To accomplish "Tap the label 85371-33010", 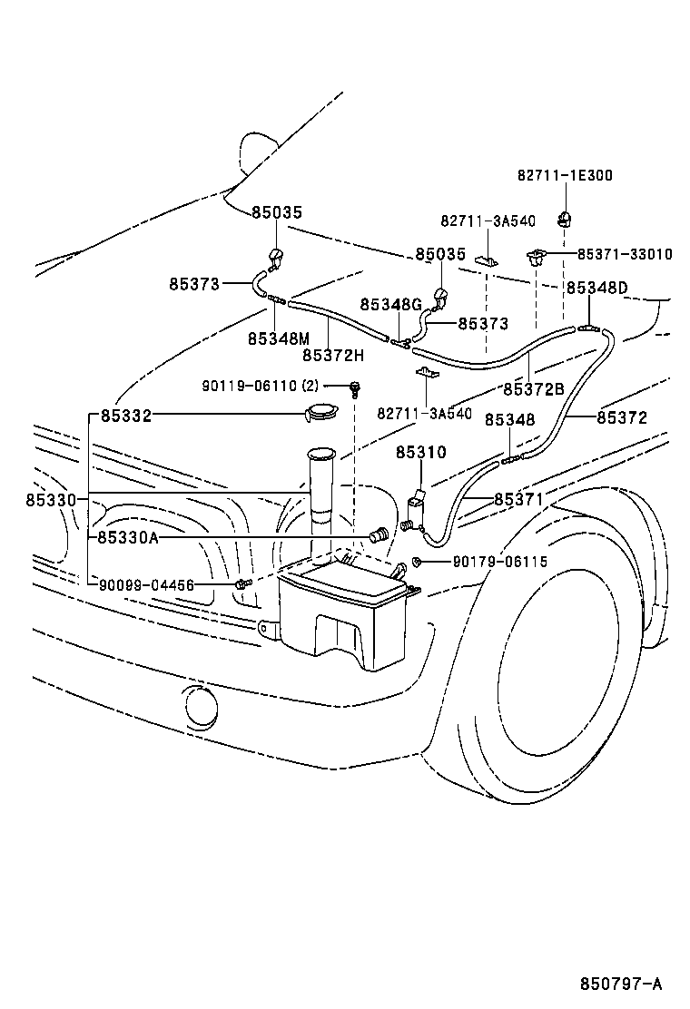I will pyautogui.click(x=625, y=254).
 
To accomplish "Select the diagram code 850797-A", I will pyautogui.click(x=622, y=984).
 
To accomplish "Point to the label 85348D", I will pyautogui.click(x=596, y=288).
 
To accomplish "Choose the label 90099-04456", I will pyautogui.click(x=147, y=585).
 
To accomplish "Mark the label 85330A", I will pyautogui.click(x=128, y=537).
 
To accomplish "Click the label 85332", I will pyautogui.click(x=126, y=416).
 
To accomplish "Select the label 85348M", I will pyautogui.click(x=279, y=338).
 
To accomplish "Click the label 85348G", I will pyautogui.click(x=391, y=305).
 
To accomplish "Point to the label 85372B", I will pyautogui.click(x=534, y=389).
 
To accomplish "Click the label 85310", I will pyautogui.click(x=420, y=452).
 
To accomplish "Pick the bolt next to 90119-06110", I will pyautogui.click(x=355, y=390).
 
